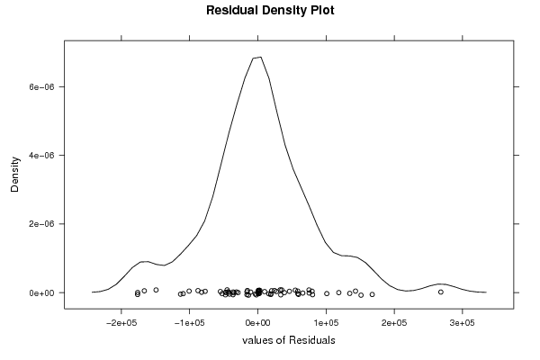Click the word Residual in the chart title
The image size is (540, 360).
[232, 10]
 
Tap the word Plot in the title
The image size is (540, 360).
[322, 10]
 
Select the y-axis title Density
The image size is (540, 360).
[14, 175]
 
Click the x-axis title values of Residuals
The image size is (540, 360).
[289, 340]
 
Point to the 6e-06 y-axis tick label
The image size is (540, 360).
[42, 86]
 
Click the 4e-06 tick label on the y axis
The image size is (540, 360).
[42, 156]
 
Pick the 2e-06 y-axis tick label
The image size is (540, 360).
[42, 224]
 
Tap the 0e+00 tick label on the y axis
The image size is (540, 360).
[42, 293]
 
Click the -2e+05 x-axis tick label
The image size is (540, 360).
[121, 323]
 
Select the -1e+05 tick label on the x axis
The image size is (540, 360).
[189, 323]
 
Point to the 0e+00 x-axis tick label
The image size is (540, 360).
[258, 323]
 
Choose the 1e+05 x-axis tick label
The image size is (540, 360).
[326, 323]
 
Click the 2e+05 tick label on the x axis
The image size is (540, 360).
[395, 323]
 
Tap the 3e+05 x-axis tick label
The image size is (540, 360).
[463, 323]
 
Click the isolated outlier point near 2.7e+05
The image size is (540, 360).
[441, 292]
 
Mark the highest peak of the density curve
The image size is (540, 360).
[261, 58]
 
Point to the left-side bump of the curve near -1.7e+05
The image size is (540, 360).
[145, 262]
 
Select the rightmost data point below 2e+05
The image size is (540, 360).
[372, 294]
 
